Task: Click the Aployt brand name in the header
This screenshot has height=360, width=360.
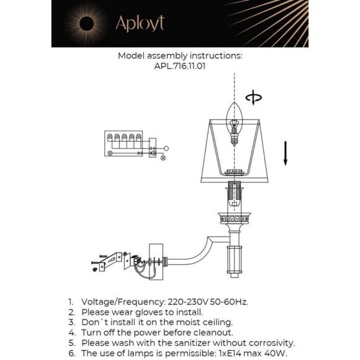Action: point(140,24)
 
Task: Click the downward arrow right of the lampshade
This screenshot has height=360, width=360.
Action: point(286,153)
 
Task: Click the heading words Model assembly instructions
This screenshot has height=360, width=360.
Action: point(179,55)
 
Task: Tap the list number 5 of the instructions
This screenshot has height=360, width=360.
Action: point(72,343)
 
